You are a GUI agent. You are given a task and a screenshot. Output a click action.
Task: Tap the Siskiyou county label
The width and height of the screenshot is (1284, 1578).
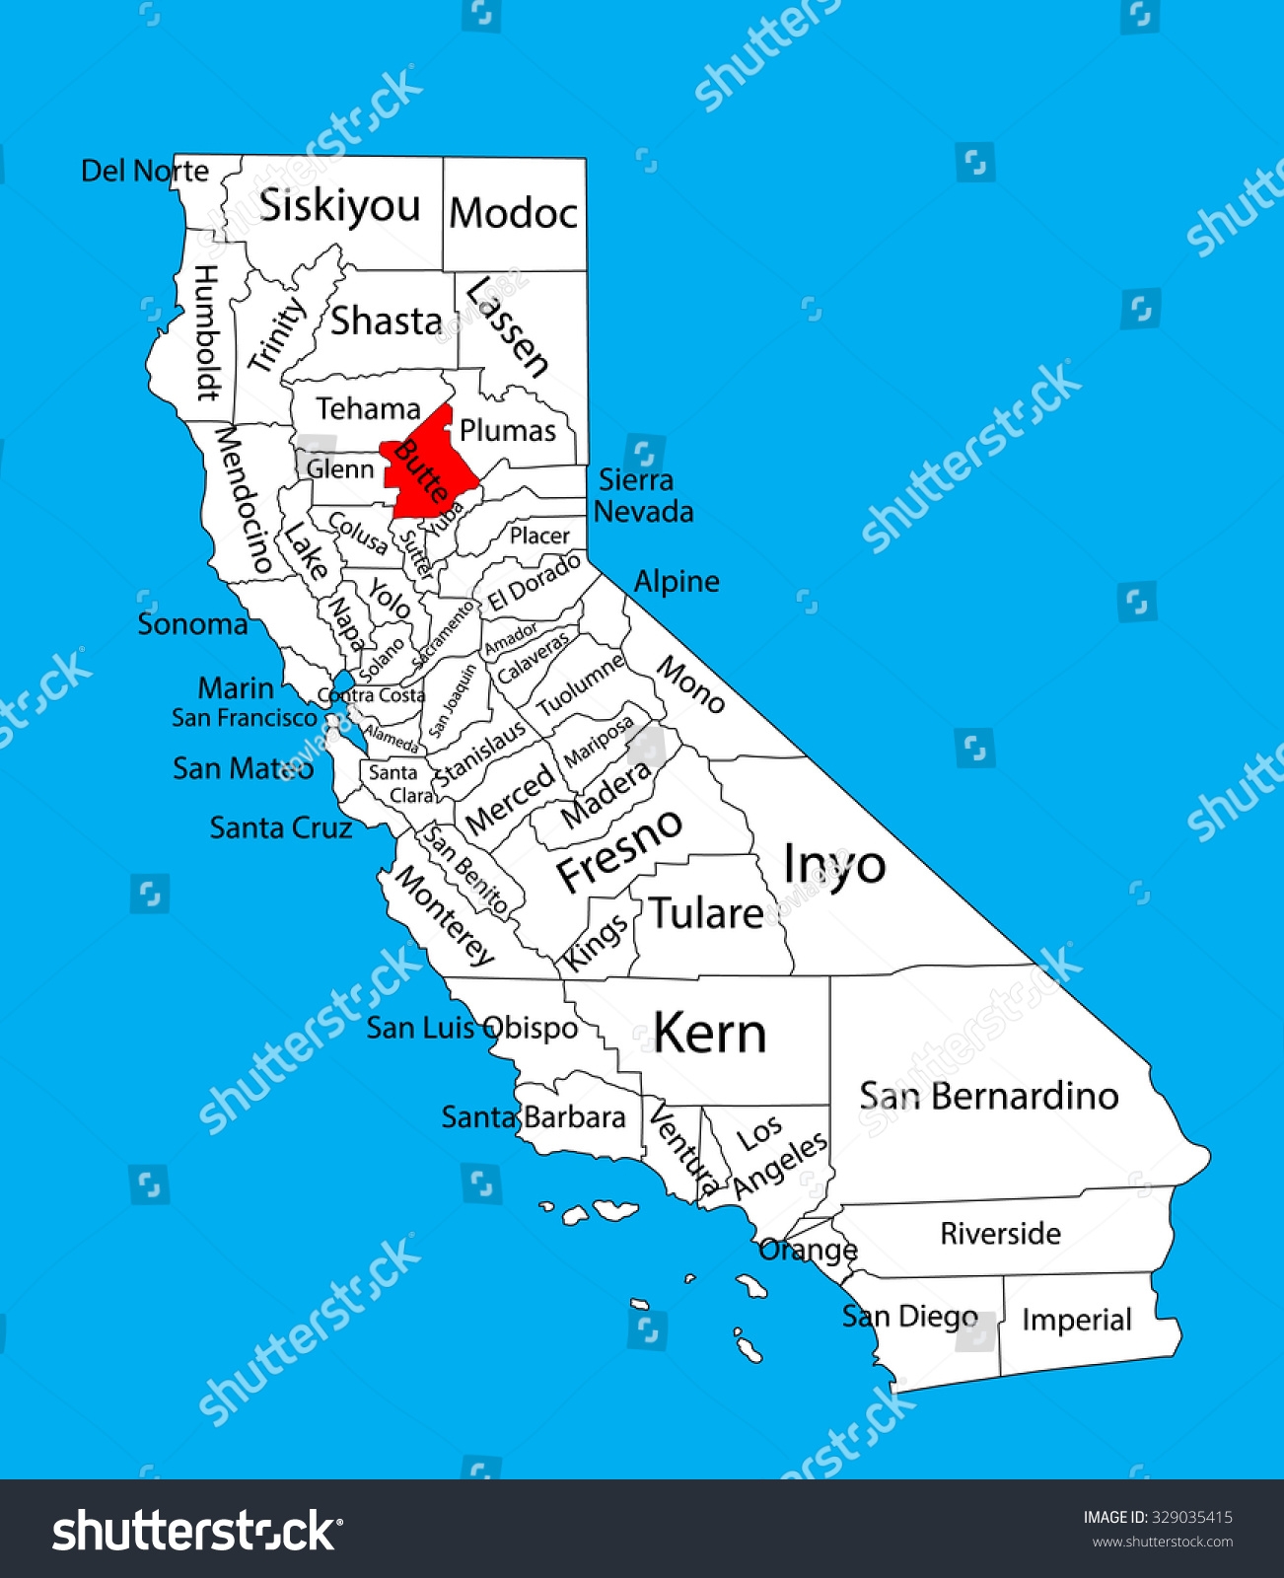pos(339,206)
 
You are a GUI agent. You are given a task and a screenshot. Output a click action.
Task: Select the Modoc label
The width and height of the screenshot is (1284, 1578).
pos(514,213)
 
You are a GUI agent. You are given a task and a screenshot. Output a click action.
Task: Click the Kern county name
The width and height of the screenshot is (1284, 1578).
pos(710,1034)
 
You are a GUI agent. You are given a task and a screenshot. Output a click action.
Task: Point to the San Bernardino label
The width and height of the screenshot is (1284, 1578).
pos(988,1096)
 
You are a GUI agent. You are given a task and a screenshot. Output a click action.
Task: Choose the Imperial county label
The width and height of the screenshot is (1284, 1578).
pos(1076,1320)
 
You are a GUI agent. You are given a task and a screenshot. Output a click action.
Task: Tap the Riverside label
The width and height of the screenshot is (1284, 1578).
pos(1000,1233)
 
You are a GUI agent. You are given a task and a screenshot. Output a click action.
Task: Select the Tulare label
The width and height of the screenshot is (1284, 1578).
pos(706,914)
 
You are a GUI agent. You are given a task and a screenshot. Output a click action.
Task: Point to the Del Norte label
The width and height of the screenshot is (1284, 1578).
pos(145,171)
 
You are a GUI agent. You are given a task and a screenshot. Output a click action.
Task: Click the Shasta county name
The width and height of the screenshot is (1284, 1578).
pos(386,321)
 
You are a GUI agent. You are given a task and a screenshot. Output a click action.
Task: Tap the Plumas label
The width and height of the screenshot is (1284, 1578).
pos(508,430)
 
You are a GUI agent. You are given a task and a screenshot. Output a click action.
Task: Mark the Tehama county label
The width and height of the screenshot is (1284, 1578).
pos(368,408)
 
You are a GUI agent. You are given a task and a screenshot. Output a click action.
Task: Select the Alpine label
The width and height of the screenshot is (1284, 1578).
pos(677,581)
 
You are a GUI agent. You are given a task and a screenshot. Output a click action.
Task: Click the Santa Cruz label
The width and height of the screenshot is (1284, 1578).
pos(281,827)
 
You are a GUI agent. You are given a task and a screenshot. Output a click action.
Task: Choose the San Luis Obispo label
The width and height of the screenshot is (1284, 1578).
pos(472,1028)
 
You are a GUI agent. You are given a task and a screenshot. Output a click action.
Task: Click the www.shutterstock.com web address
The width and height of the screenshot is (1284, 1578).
pos(1162,1542)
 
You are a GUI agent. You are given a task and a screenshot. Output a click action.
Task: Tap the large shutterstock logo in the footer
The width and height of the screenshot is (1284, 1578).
pos(197,1531)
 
